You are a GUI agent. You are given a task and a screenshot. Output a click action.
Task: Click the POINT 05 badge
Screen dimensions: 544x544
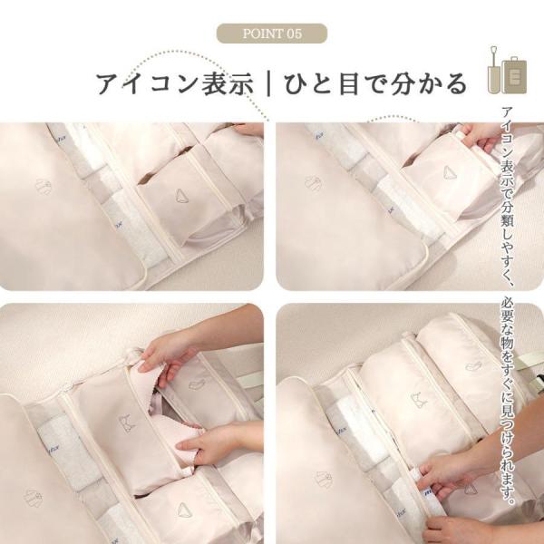[x=272, y=34]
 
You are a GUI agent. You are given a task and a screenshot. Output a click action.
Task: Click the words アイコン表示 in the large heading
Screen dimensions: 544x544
[x=174, y=84]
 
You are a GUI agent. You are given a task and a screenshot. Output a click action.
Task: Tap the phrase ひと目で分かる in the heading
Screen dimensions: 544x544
[x=376, y=84]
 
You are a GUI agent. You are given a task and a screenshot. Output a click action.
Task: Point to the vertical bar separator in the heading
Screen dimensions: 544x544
[x=269, y=84]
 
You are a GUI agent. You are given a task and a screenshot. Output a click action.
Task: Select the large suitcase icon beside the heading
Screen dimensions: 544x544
[x=514, y=75]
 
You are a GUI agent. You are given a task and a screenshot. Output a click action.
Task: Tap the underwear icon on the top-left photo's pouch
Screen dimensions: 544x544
[x=183, y=197]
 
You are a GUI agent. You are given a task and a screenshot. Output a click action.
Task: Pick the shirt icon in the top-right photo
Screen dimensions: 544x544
[x=314, y=183]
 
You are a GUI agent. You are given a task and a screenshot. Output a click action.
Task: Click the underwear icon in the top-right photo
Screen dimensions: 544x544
[x=451, y=172]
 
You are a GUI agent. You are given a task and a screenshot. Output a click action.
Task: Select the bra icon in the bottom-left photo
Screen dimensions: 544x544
[x=127, y=423]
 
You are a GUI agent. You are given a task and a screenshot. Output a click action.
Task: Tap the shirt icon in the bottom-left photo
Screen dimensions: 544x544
[x=33, y=498]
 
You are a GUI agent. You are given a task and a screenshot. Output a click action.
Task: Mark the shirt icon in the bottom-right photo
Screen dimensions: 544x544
[x=324, y=480]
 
